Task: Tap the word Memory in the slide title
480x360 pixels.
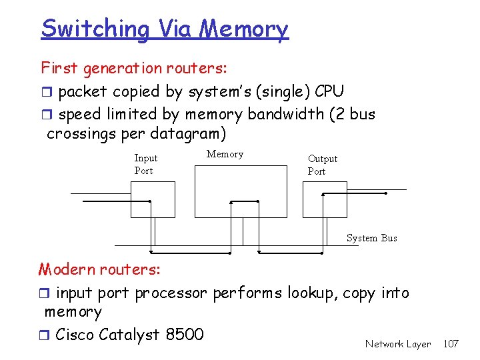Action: click(244, 29)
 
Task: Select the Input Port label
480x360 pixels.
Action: click(145, 164)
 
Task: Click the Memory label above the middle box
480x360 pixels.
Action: click(225, 154)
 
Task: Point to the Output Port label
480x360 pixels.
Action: click(322, 165)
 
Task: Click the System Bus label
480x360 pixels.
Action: click(371, 238)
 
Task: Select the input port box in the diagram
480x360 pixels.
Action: click(153, 199)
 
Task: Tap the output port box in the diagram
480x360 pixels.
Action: click(325, 199)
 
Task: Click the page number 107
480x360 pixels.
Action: click(451, 344)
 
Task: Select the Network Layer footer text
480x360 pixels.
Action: click(398, 344)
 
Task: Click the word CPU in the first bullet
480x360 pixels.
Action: click(329, 91)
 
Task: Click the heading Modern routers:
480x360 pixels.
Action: click(99, 269)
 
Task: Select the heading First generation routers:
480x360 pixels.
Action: click(134, 68)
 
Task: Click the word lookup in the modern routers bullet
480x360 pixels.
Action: click(313, 293)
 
